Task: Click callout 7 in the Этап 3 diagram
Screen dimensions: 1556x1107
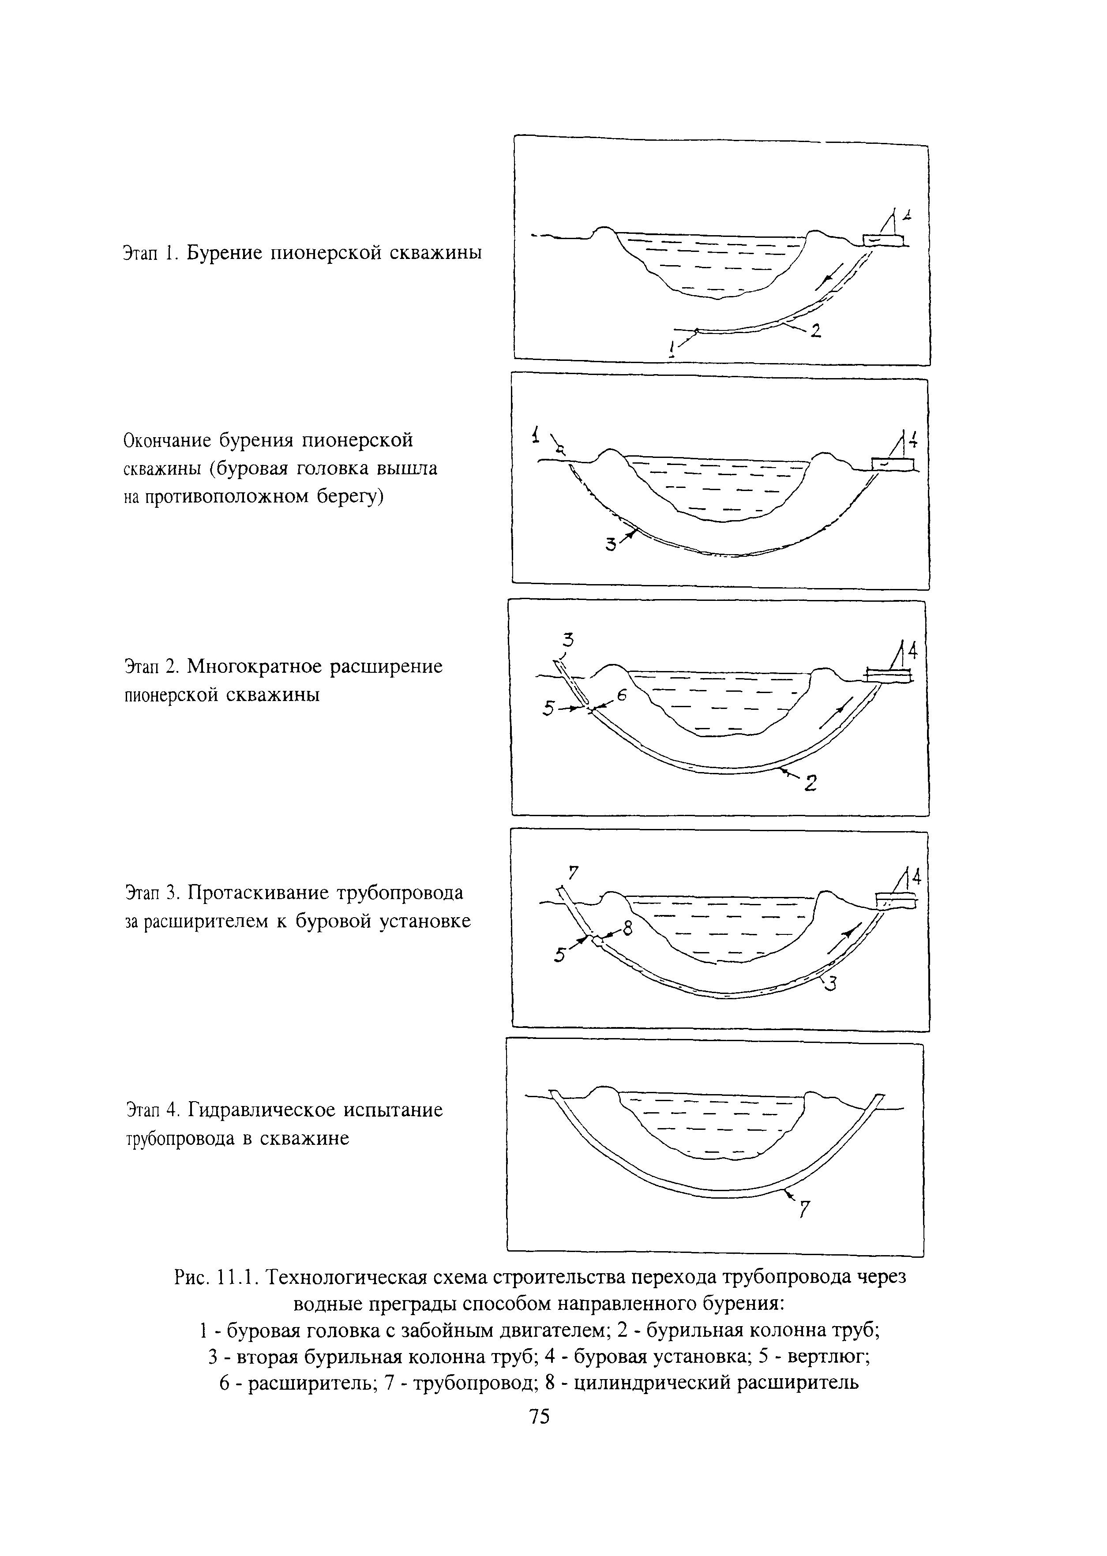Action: coord(573,872)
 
